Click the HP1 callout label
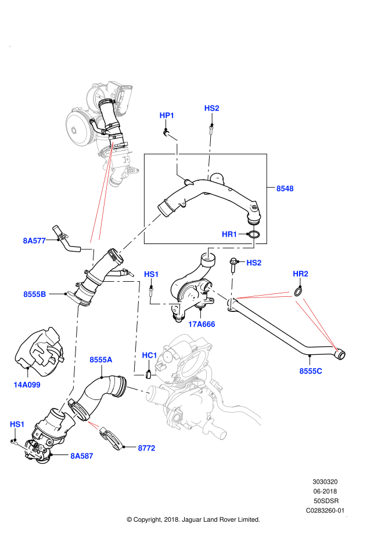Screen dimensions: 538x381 pos(167,116)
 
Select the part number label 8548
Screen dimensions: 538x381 pos(285,188)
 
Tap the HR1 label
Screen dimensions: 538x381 pos(230,234)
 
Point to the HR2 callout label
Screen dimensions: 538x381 pos(300,274)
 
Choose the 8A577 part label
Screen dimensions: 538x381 pos(34,240)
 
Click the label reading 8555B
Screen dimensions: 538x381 pos(35,295)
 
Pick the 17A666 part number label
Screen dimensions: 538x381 pos(202,324)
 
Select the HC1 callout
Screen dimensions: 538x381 pos(150,355)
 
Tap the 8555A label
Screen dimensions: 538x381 pos(100,360)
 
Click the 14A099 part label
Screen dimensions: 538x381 pos(27,384)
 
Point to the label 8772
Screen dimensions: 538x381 pos(146,448)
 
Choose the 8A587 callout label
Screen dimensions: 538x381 pos(82,456)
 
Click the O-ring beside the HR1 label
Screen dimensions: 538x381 pos(254,235)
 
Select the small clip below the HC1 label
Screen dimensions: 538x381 pos(149,374)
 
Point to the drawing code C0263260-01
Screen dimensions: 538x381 pos(326,511)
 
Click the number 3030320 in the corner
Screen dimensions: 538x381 pos(326,482)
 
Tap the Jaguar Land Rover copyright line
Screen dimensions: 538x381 pos(193,519)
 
